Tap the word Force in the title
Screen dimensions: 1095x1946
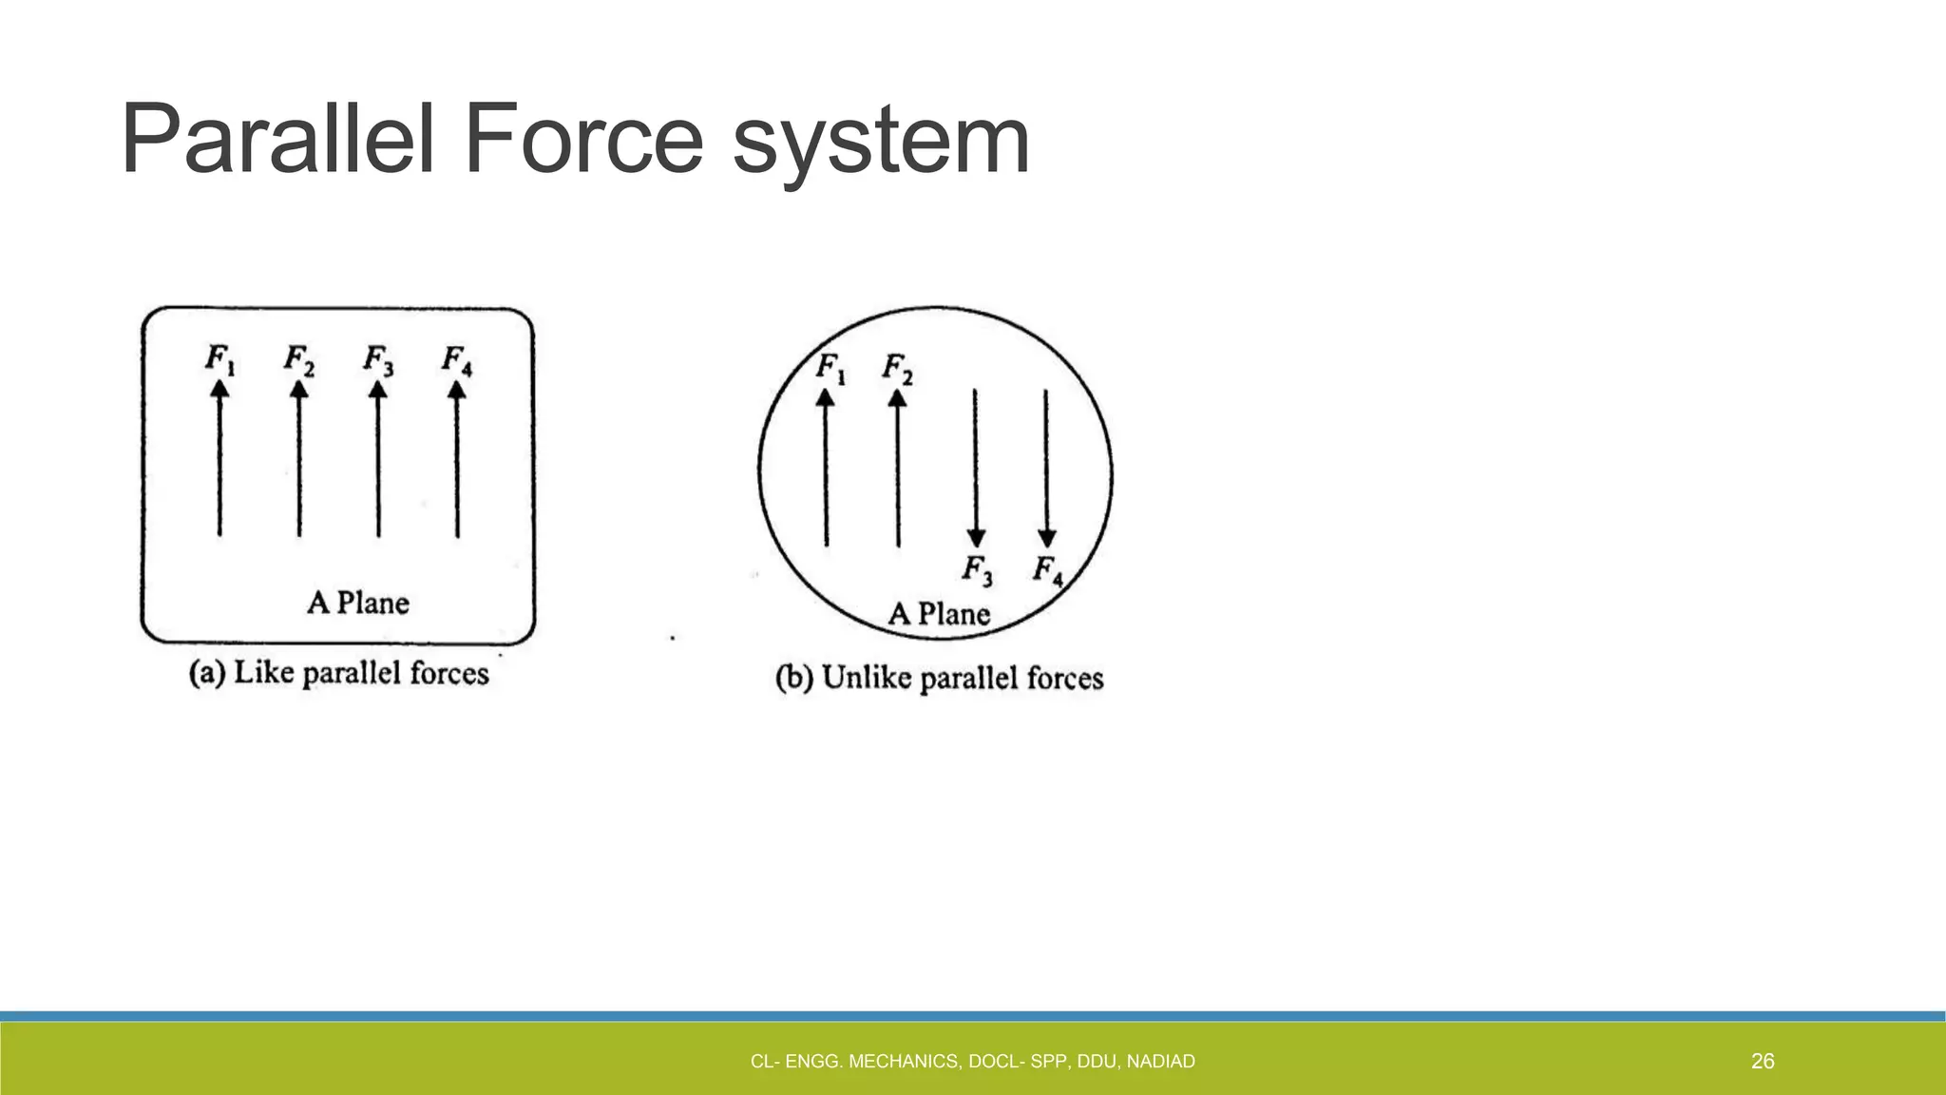[583, 141]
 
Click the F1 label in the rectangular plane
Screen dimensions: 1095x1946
[220, 360]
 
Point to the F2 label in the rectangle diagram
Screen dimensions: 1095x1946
[299, 360]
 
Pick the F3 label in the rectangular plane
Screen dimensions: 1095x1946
[378, 360]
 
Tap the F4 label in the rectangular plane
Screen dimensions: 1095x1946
[457, 360]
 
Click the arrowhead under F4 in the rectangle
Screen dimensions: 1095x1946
[457, 391]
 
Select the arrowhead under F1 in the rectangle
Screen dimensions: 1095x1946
[219, 391]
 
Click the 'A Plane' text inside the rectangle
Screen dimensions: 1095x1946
[358, 603]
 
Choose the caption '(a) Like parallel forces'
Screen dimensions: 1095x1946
[339, 674]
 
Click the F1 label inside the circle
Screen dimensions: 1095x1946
[831, 368]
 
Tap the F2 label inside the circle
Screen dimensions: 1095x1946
[898, 368]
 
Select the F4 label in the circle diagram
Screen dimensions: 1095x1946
[1048, 570]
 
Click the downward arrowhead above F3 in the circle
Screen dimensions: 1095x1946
[976, 538]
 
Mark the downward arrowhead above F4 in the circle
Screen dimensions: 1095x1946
[1047, 538]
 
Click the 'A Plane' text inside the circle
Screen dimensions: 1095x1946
[939, 614]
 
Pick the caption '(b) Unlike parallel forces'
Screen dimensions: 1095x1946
[940, 679]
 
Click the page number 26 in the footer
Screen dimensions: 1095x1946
[1763, 1062]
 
